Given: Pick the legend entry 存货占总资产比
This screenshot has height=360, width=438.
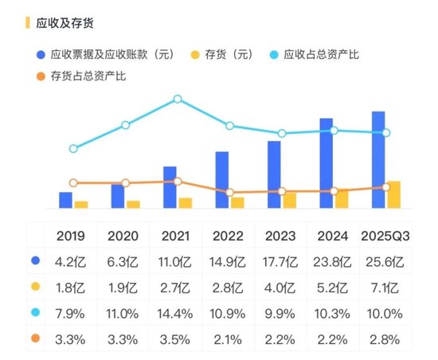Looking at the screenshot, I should point(88,76).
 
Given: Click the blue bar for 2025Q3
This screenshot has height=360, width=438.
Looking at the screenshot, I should point(378,159).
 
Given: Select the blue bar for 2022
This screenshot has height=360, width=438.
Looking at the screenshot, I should point(222,179).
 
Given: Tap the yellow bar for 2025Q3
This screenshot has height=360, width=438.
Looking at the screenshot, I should point(393,194).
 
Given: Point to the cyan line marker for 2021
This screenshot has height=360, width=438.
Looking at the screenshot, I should point(178,100).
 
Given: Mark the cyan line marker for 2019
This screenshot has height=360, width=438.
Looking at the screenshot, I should point(73,148).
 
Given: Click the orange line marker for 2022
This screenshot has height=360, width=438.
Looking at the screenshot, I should point(230,193).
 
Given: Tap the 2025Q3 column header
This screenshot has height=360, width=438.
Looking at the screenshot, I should point(385,236).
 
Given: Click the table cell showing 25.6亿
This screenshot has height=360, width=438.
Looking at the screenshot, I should point(385,261).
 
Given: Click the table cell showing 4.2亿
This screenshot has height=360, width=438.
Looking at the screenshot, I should point(71,261).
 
